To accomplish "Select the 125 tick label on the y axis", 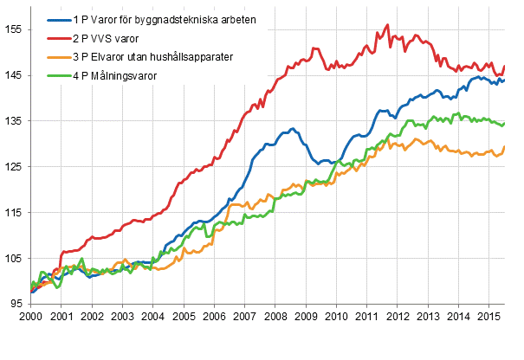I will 15,167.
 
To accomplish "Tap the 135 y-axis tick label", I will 15,121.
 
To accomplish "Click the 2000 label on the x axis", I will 31,318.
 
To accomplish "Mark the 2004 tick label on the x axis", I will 152,318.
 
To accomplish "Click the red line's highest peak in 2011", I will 387,25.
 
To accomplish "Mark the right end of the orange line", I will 505,147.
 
